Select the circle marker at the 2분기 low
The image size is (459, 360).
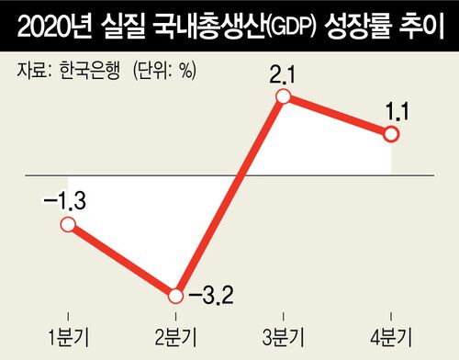coord(175,296)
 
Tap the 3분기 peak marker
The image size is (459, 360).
coord(284,96)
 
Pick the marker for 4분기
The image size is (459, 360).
coord(392,134)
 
